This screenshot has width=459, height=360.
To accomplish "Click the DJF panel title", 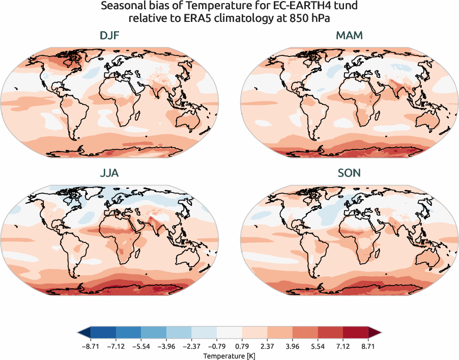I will pos(109,36).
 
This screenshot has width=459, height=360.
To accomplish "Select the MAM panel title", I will pos(349,36).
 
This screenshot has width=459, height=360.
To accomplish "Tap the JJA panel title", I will pos(109,173).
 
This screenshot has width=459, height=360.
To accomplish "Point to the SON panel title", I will pos(349,173).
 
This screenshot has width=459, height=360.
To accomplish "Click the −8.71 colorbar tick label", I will pos(91,346).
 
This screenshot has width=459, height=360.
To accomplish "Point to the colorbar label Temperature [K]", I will pos(230,355).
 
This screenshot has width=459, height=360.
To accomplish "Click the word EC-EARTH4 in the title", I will pos(262,7).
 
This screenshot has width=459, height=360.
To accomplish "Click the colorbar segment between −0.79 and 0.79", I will pos(230,334).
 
